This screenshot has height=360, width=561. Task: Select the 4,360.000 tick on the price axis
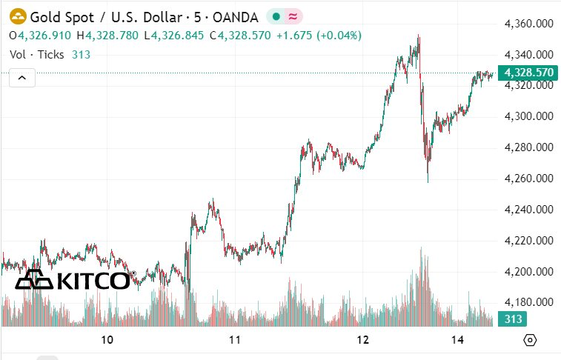tap(529, 24)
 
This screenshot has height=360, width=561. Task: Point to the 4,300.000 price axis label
tap(529, 116)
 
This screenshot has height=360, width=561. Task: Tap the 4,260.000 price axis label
tap(529, 179)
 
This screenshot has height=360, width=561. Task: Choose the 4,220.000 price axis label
tap(529, 241)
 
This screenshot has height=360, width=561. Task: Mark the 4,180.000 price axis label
tap(529, 302)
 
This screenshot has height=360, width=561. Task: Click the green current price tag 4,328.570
tap(528, 73)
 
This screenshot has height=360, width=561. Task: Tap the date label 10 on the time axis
tap(107, 340)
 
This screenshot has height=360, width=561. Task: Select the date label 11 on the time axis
tap(235, 340)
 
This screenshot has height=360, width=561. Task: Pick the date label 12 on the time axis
tap(363, 340)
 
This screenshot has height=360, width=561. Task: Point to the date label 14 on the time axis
tap(459, 340)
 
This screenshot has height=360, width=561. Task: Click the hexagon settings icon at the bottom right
tap(529, 340)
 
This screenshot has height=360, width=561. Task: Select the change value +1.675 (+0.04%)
tap(298, 35)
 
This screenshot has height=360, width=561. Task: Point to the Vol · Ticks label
tap(36, 54)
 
